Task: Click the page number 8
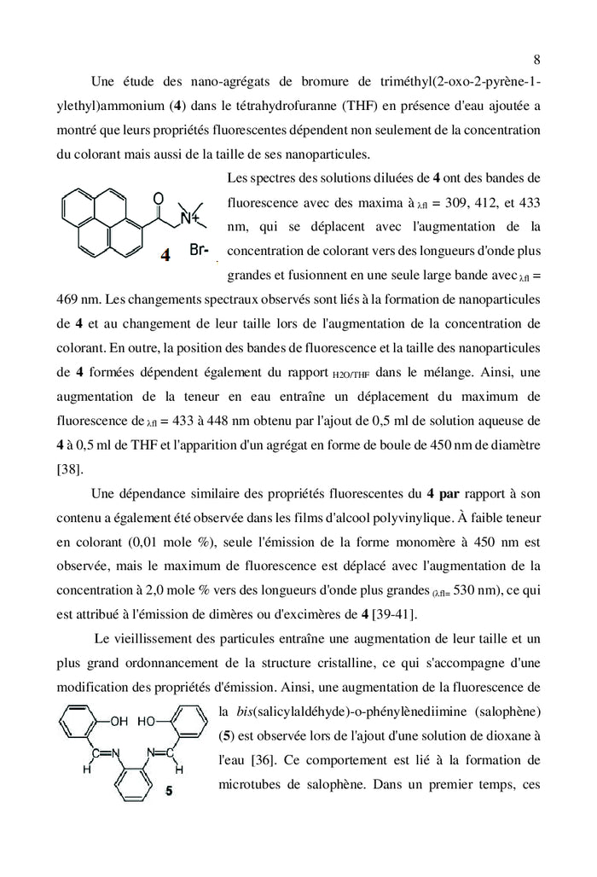coord(536,59)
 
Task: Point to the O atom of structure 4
coord(158,199)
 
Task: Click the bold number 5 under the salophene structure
coord(168,791)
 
